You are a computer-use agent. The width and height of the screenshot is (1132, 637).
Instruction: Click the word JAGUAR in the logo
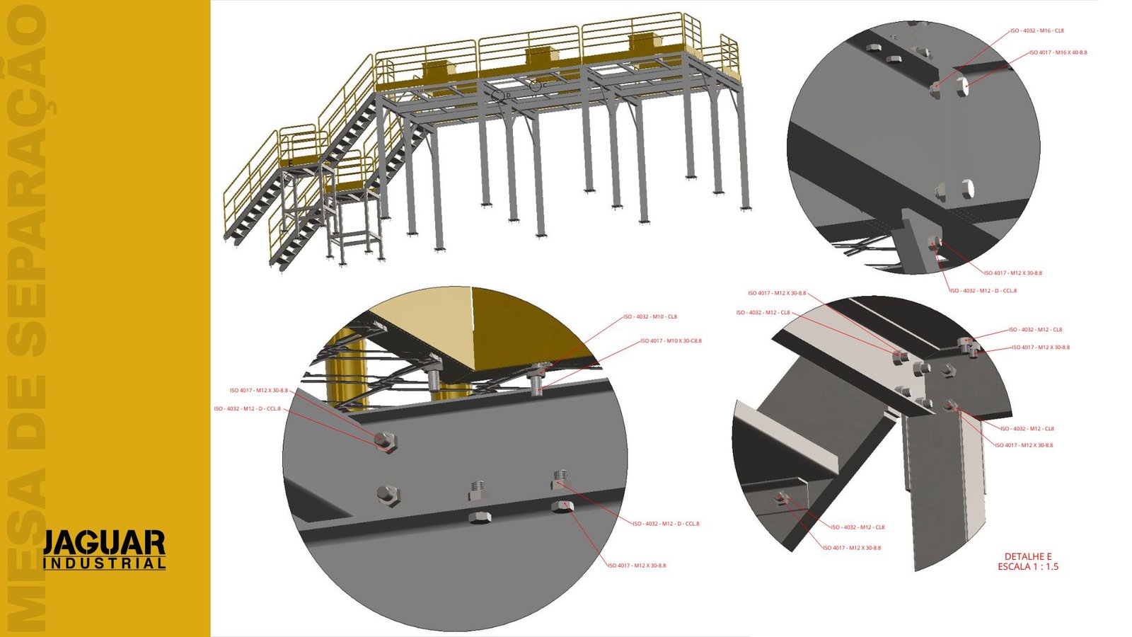tap(104, 543)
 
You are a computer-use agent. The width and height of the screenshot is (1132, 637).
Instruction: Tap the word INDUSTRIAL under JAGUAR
tap(104, 563)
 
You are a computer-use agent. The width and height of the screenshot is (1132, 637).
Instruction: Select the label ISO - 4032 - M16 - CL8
tap(1036, 31)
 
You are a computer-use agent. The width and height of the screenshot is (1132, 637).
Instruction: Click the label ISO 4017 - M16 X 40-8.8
tap(1058, 52)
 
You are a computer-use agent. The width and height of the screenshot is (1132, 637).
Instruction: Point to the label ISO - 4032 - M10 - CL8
tap(649, 317)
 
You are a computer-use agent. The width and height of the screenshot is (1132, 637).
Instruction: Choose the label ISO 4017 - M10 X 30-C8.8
tap(671, 341)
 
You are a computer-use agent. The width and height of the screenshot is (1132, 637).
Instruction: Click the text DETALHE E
tap(1028, 556)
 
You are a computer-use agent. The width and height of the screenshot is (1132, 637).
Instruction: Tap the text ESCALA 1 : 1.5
tap(1028, 567)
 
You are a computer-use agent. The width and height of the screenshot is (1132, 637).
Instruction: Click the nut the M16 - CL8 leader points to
tap(936, 88)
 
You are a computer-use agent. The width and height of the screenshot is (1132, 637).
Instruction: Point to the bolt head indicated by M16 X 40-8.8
tap(962, 86)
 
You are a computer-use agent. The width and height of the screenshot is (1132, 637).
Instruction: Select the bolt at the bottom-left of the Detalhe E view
tap(782, 498)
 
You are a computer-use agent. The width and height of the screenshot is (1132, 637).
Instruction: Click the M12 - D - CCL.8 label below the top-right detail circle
tap(983, 291)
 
